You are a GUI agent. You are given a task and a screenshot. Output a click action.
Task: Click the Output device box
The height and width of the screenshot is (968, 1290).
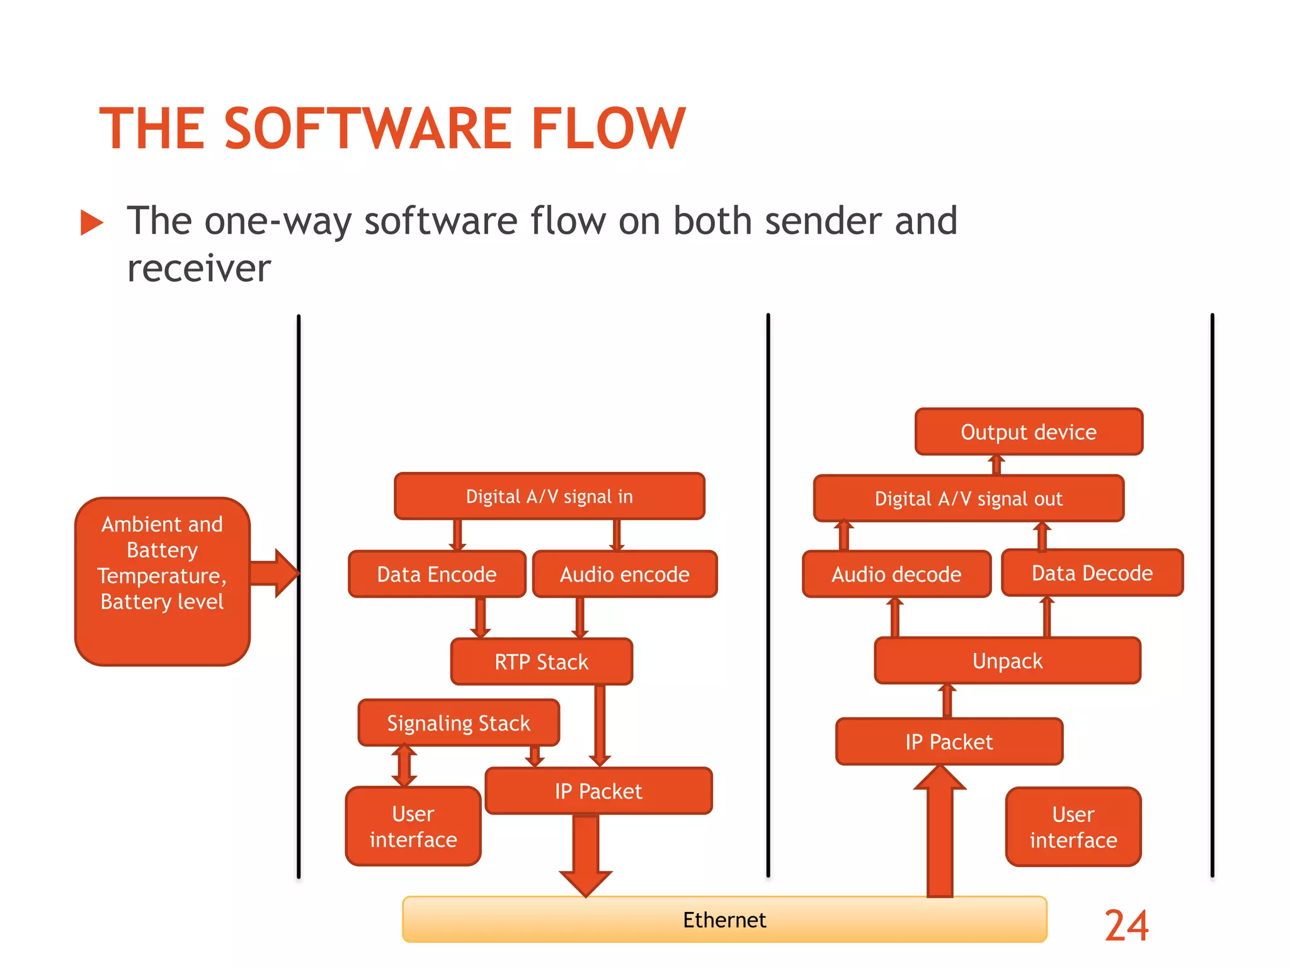tap(1028, 432)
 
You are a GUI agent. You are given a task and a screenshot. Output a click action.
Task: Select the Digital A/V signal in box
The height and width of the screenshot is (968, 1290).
tap(549, 496)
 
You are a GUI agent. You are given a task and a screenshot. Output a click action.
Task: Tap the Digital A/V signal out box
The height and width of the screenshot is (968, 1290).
tap(968, 498)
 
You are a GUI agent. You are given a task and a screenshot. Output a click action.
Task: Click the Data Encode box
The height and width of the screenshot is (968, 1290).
tap(437, 574)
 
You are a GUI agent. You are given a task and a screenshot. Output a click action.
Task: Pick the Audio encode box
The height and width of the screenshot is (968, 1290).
tap(624, 574)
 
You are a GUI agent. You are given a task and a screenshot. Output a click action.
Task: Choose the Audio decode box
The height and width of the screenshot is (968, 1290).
tap(896, 574)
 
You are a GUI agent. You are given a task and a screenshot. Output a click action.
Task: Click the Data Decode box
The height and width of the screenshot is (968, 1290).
tap(1092, 573)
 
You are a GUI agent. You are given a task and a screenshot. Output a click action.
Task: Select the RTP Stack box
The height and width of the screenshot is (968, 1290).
tap(541, 662)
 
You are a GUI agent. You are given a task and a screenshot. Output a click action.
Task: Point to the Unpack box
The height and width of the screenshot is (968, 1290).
tap(1007, 660)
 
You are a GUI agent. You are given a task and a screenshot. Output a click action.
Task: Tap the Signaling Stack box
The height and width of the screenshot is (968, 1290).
tap(459, 723)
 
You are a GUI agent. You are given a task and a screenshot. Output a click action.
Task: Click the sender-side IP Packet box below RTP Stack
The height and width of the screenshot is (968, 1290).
tap(598, 791)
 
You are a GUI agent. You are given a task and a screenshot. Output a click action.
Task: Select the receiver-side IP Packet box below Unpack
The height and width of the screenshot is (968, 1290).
tap(949, 742)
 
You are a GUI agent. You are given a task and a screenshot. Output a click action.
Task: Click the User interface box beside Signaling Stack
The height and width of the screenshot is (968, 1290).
tap(413, 826)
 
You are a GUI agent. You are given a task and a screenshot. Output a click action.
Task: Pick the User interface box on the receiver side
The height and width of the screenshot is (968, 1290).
tap(1073, 827)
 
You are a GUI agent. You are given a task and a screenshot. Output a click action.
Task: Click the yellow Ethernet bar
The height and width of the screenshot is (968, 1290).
tap(724, 919)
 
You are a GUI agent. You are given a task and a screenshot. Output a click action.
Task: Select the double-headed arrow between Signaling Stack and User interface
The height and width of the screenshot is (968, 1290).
tap(404, 766)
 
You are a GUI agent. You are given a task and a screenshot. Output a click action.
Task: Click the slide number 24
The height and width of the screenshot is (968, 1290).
tap(1126, 925)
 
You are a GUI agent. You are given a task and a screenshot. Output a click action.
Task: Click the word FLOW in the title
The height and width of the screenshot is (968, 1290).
tap(608, 129)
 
